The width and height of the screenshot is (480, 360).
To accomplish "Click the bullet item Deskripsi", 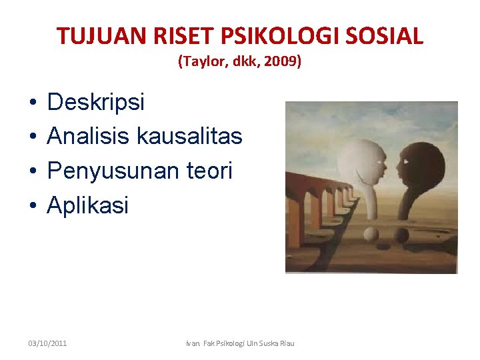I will tap(95, 102).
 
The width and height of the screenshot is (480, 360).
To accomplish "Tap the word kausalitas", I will tap(189, 137).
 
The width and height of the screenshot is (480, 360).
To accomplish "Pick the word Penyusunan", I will tap(111, 171).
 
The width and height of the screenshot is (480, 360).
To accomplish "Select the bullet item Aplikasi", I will tap(87, 206).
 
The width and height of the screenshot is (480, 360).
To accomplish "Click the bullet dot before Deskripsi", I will tap(32, 103).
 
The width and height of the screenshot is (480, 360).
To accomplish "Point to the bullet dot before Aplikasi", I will tap(32, 206).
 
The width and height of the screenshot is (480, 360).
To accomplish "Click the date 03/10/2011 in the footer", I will tap(47, 343).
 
